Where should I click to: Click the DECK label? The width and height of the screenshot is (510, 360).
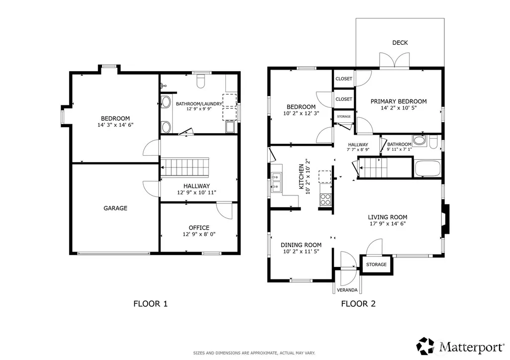pos(400,43)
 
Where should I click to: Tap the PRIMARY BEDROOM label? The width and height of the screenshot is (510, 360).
pos(399,101)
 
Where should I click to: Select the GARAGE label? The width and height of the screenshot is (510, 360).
pos(115,208)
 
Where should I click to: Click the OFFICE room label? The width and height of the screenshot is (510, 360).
pos(199,228)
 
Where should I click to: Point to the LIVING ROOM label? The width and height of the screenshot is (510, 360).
pos(388,217)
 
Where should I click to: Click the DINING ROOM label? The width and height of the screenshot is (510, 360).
pos(301,245)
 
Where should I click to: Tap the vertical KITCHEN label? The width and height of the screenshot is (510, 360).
pos(302,177)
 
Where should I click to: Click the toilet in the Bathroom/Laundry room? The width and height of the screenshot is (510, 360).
pos(201,81)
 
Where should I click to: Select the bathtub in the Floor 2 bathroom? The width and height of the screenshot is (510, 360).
pos(428,168)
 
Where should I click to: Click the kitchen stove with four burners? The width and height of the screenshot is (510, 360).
pos(325,199)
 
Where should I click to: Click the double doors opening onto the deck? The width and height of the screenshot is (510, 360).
pos(394,61)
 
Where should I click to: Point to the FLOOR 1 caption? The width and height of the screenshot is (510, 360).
pos(150,304)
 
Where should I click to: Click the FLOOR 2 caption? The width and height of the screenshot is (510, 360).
pos(358,304)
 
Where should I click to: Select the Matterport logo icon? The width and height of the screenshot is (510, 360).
pos(426,346)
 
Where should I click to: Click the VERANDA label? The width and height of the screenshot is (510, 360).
pos(347,290)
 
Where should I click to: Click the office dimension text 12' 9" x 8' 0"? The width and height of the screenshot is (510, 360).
pos(199,234)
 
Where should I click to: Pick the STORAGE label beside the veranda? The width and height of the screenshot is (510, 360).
pos(376,265)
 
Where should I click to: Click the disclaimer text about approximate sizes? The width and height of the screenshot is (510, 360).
pos(254,353)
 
